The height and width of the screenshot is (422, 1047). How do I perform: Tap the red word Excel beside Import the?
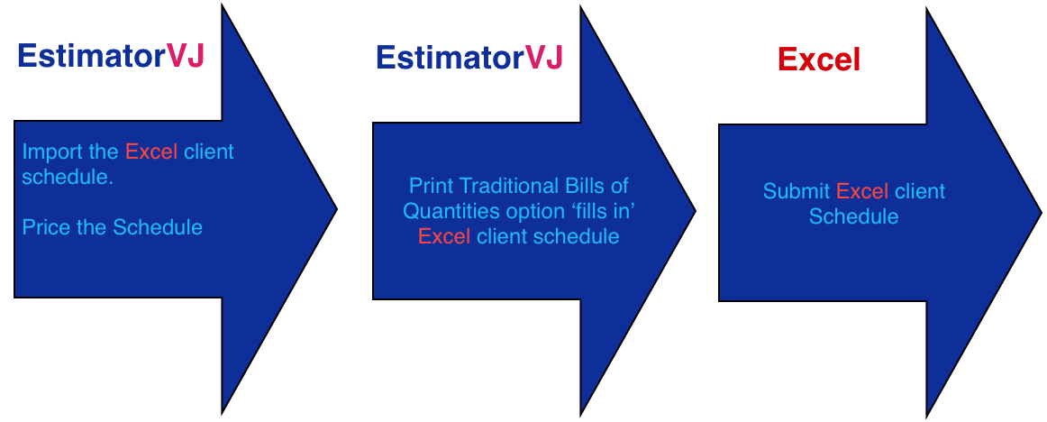[151, 151]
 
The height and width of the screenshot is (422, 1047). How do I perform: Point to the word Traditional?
[505, 185]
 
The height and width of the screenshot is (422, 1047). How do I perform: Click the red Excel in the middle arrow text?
[445, 236]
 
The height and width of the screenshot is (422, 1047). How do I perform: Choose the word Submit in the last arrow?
[796, 191]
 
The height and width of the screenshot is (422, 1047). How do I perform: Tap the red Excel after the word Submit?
[862, 191]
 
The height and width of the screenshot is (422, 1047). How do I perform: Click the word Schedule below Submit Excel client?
[853, 216]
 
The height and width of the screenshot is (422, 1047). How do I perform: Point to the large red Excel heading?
[819, 60]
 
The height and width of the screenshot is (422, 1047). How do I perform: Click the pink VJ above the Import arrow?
[185, 56]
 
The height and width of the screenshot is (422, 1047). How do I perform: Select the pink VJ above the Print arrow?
[544, 57]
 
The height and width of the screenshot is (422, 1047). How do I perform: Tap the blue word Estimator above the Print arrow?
[450, 57]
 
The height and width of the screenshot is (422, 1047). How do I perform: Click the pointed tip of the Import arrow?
[337, 209]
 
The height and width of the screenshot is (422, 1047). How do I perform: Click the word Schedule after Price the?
[158, 227]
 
